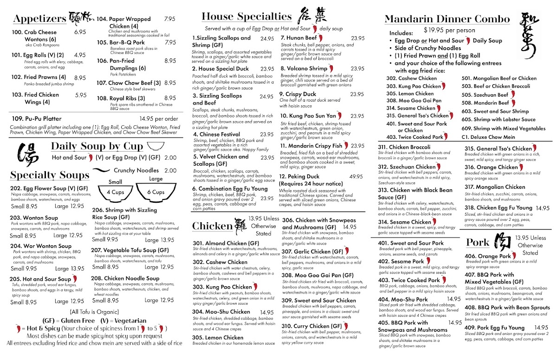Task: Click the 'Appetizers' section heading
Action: tap(39, 19)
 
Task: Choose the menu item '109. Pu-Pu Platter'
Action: tap(37, 118)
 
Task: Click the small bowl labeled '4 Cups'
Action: tap(115, 192)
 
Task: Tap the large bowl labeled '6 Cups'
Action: tap(155, 192)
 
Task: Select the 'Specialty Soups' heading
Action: tap(50, 175)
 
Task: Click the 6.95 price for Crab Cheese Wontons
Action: tap(80, 32)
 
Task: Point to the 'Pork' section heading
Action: tap(478, 243)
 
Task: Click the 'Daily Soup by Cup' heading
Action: tap(97, 147)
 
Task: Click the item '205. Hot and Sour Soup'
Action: tap(40, 279)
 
